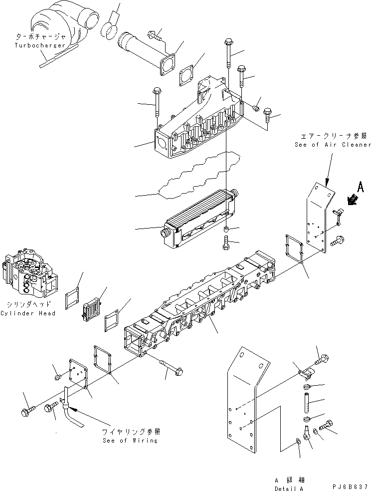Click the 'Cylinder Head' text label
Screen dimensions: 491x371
click(x=28, y=313)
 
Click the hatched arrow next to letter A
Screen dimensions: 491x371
click(x=353, y=200)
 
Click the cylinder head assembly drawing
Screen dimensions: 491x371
click(x=29, y=272)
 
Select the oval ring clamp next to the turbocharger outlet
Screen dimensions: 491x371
click(x=111, y=29)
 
